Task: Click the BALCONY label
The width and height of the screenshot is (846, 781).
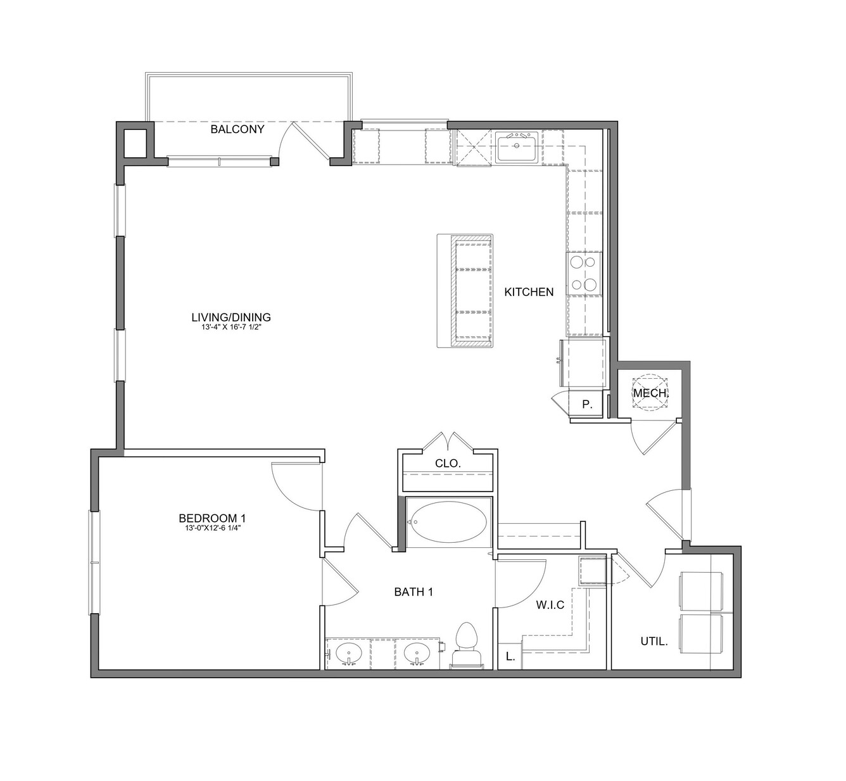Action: click(237, 129)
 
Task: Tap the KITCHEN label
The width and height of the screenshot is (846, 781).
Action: click(529, 292)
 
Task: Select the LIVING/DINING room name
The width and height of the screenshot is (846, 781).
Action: click(231, 317)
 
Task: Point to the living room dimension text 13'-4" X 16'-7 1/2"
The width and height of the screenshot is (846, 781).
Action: click(231, 327)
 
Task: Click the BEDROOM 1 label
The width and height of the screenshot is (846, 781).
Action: click(212, 518)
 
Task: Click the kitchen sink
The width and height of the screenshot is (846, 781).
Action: click(516, 147)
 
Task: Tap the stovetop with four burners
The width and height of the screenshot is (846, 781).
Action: click(584, 273)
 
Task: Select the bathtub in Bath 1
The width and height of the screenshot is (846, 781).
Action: click(448, 522)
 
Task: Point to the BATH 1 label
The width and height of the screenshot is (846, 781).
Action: click(414, 592)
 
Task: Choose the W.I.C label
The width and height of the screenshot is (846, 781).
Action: click(550, 604)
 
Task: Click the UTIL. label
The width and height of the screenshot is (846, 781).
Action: click(654, 641)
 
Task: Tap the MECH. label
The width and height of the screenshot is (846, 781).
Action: click(650, 393)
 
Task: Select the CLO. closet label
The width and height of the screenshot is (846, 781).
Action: click(448, 464)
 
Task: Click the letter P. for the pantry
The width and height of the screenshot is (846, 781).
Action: click(587, 405)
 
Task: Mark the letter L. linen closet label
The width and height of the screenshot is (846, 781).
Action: click(510, 657)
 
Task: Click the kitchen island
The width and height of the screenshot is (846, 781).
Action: click(465, 291)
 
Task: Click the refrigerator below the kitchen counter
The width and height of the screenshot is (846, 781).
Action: click(584, 363)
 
